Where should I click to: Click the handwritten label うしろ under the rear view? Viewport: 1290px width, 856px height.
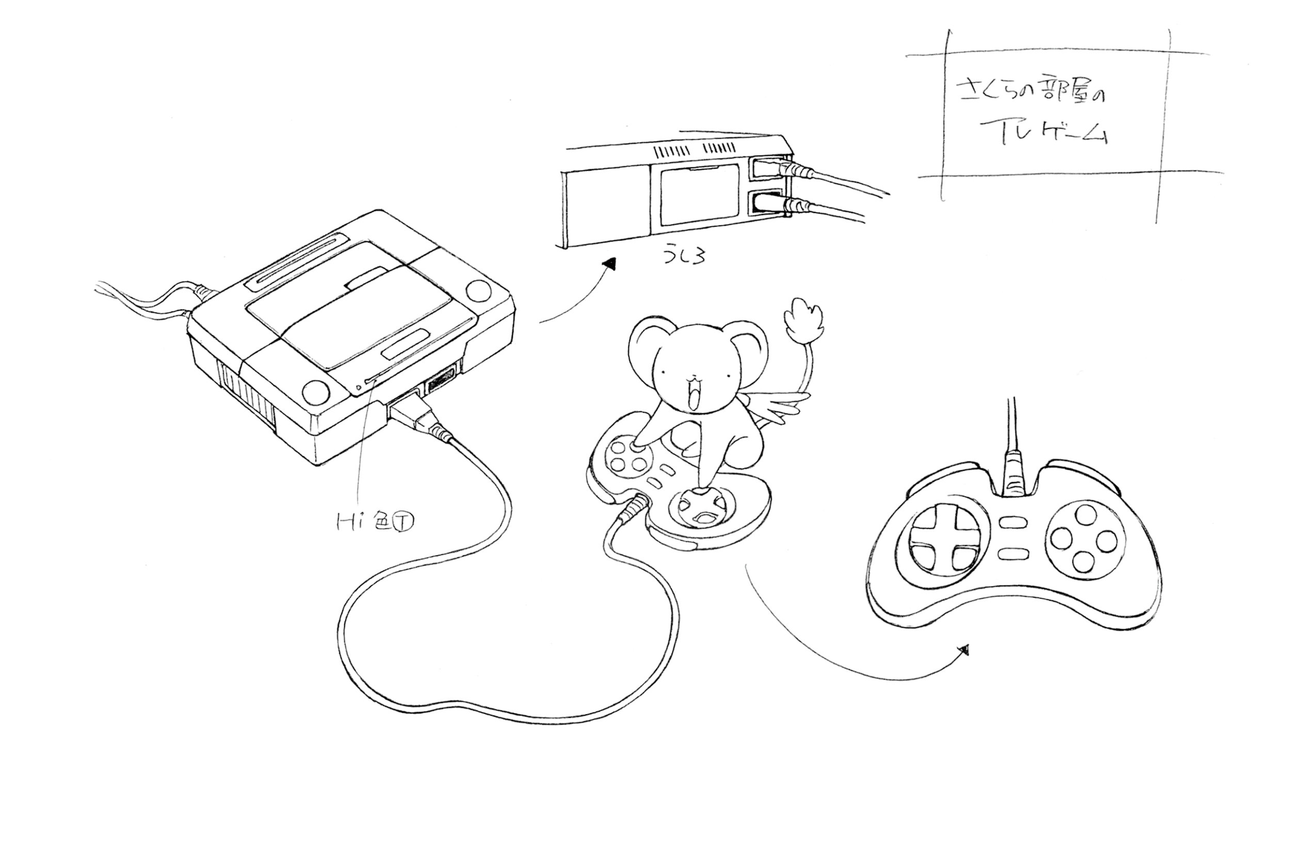683,255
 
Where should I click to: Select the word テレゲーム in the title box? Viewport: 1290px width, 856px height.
1043,133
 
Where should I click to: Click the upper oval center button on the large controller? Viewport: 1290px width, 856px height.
1013,523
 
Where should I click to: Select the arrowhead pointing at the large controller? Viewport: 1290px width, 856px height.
964,650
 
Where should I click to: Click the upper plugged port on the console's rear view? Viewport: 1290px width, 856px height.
767,169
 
